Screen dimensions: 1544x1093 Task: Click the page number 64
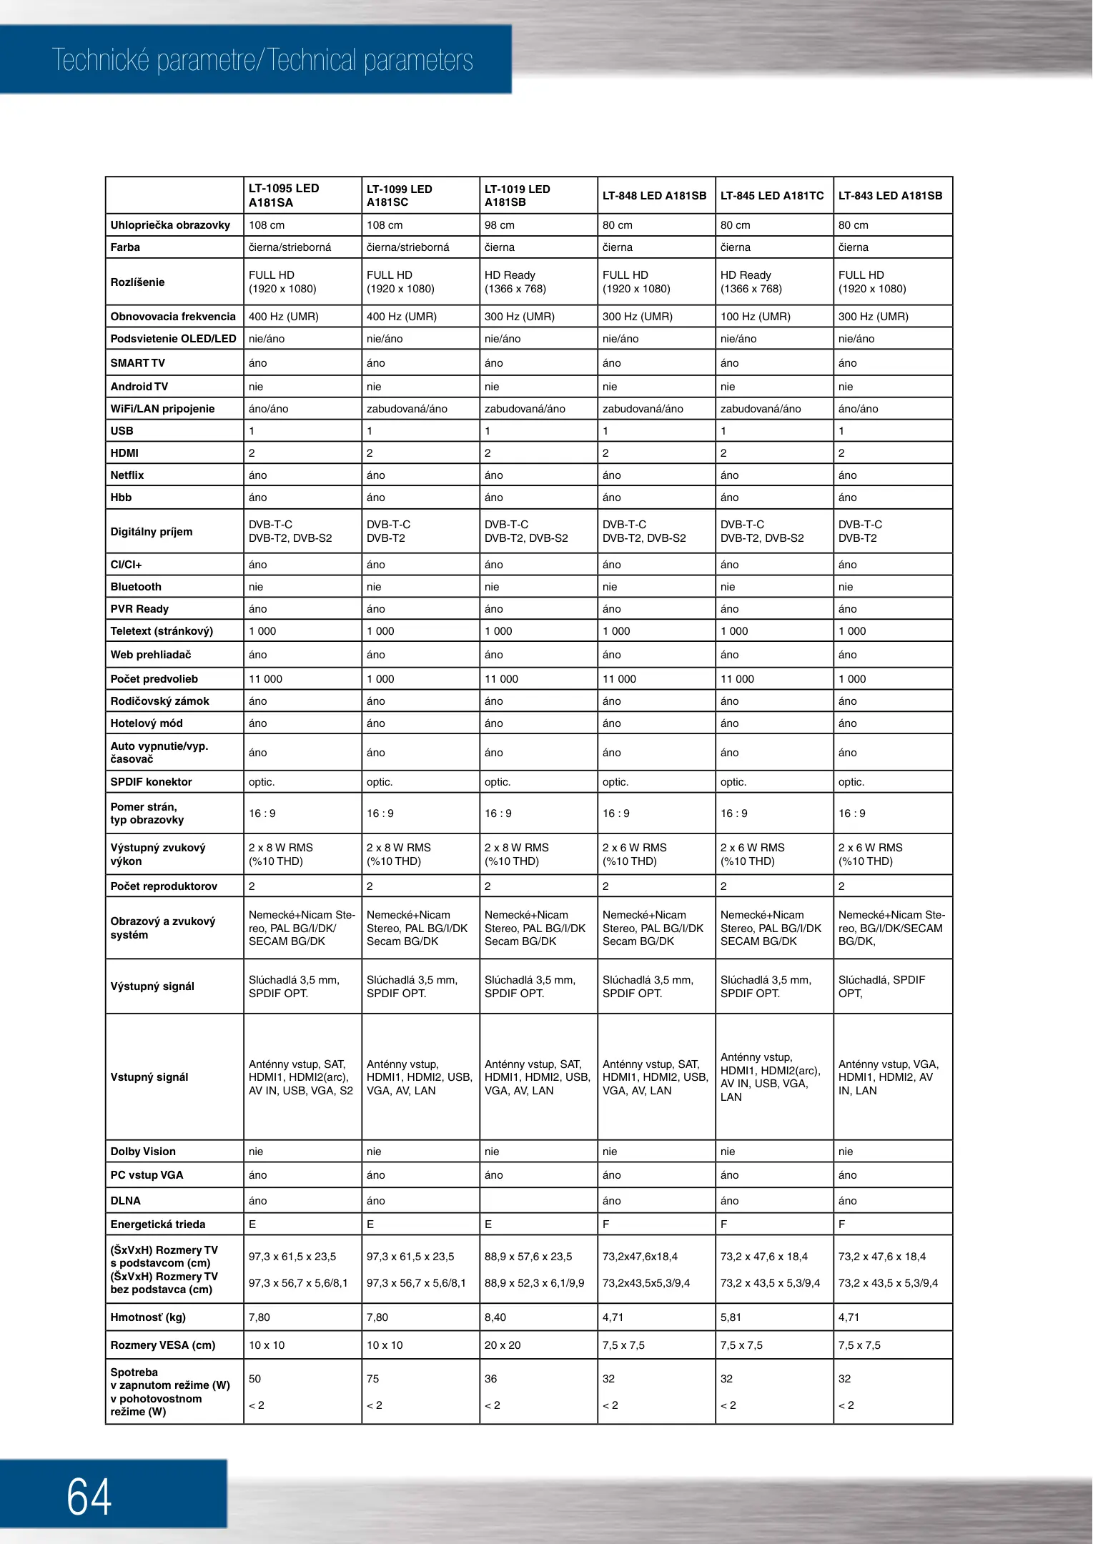click(x=89, y=1497)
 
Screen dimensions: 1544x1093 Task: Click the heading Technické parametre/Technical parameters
click(x=262, y=61)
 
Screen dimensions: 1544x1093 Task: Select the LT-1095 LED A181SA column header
click(x=284, y=195)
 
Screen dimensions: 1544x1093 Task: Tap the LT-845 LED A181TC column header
click(x=772, y=196)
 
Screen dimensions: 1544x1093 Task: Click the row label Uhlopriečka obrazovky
click(x=170, y=225)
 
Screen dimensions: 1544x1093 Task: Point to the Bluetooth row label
click(x=136, y=587)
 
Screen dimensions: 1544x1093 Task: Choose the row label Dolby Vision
click(x=143, y=1152)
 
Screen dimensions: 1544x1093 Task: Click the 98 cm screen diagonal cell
click(x=500, y=225)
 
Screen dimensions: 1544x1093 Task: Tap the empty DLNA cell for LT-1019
click(x=538, y=1201)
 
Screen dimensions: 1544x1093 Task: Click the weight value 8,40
click(x=495, y=1317)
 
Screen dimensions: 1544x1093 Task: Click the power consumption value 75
click(x=373, y=1379)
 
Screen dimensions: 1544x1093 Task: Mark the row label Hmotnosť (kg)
click(x=148, y=1317)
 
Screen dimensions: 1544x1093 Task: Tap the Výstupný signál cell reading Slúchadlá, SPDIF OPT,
click(x=881, y=986)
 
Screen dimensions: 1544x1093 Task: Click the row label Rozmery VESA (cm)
click(x=163, y=1345)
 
